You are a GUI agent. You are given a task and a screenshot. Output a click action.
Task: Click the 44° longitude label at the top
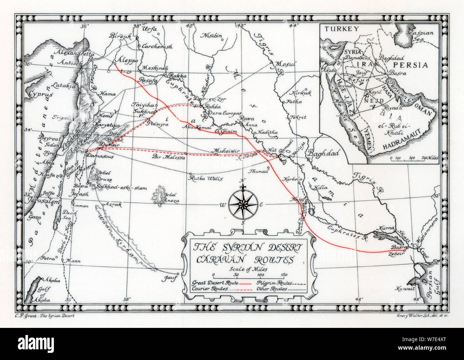pos(293,25)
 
